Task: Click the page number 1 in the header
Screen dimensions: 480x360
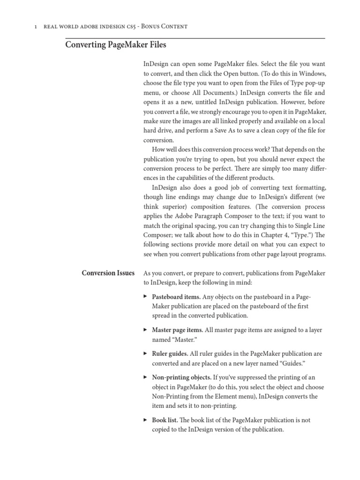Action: (x=36, y=26)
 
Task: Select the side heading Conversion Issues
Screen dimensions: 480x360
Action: (x=108, y=273)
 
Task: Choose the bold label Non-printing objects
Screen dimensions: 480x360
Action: (x=181, y=377)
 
